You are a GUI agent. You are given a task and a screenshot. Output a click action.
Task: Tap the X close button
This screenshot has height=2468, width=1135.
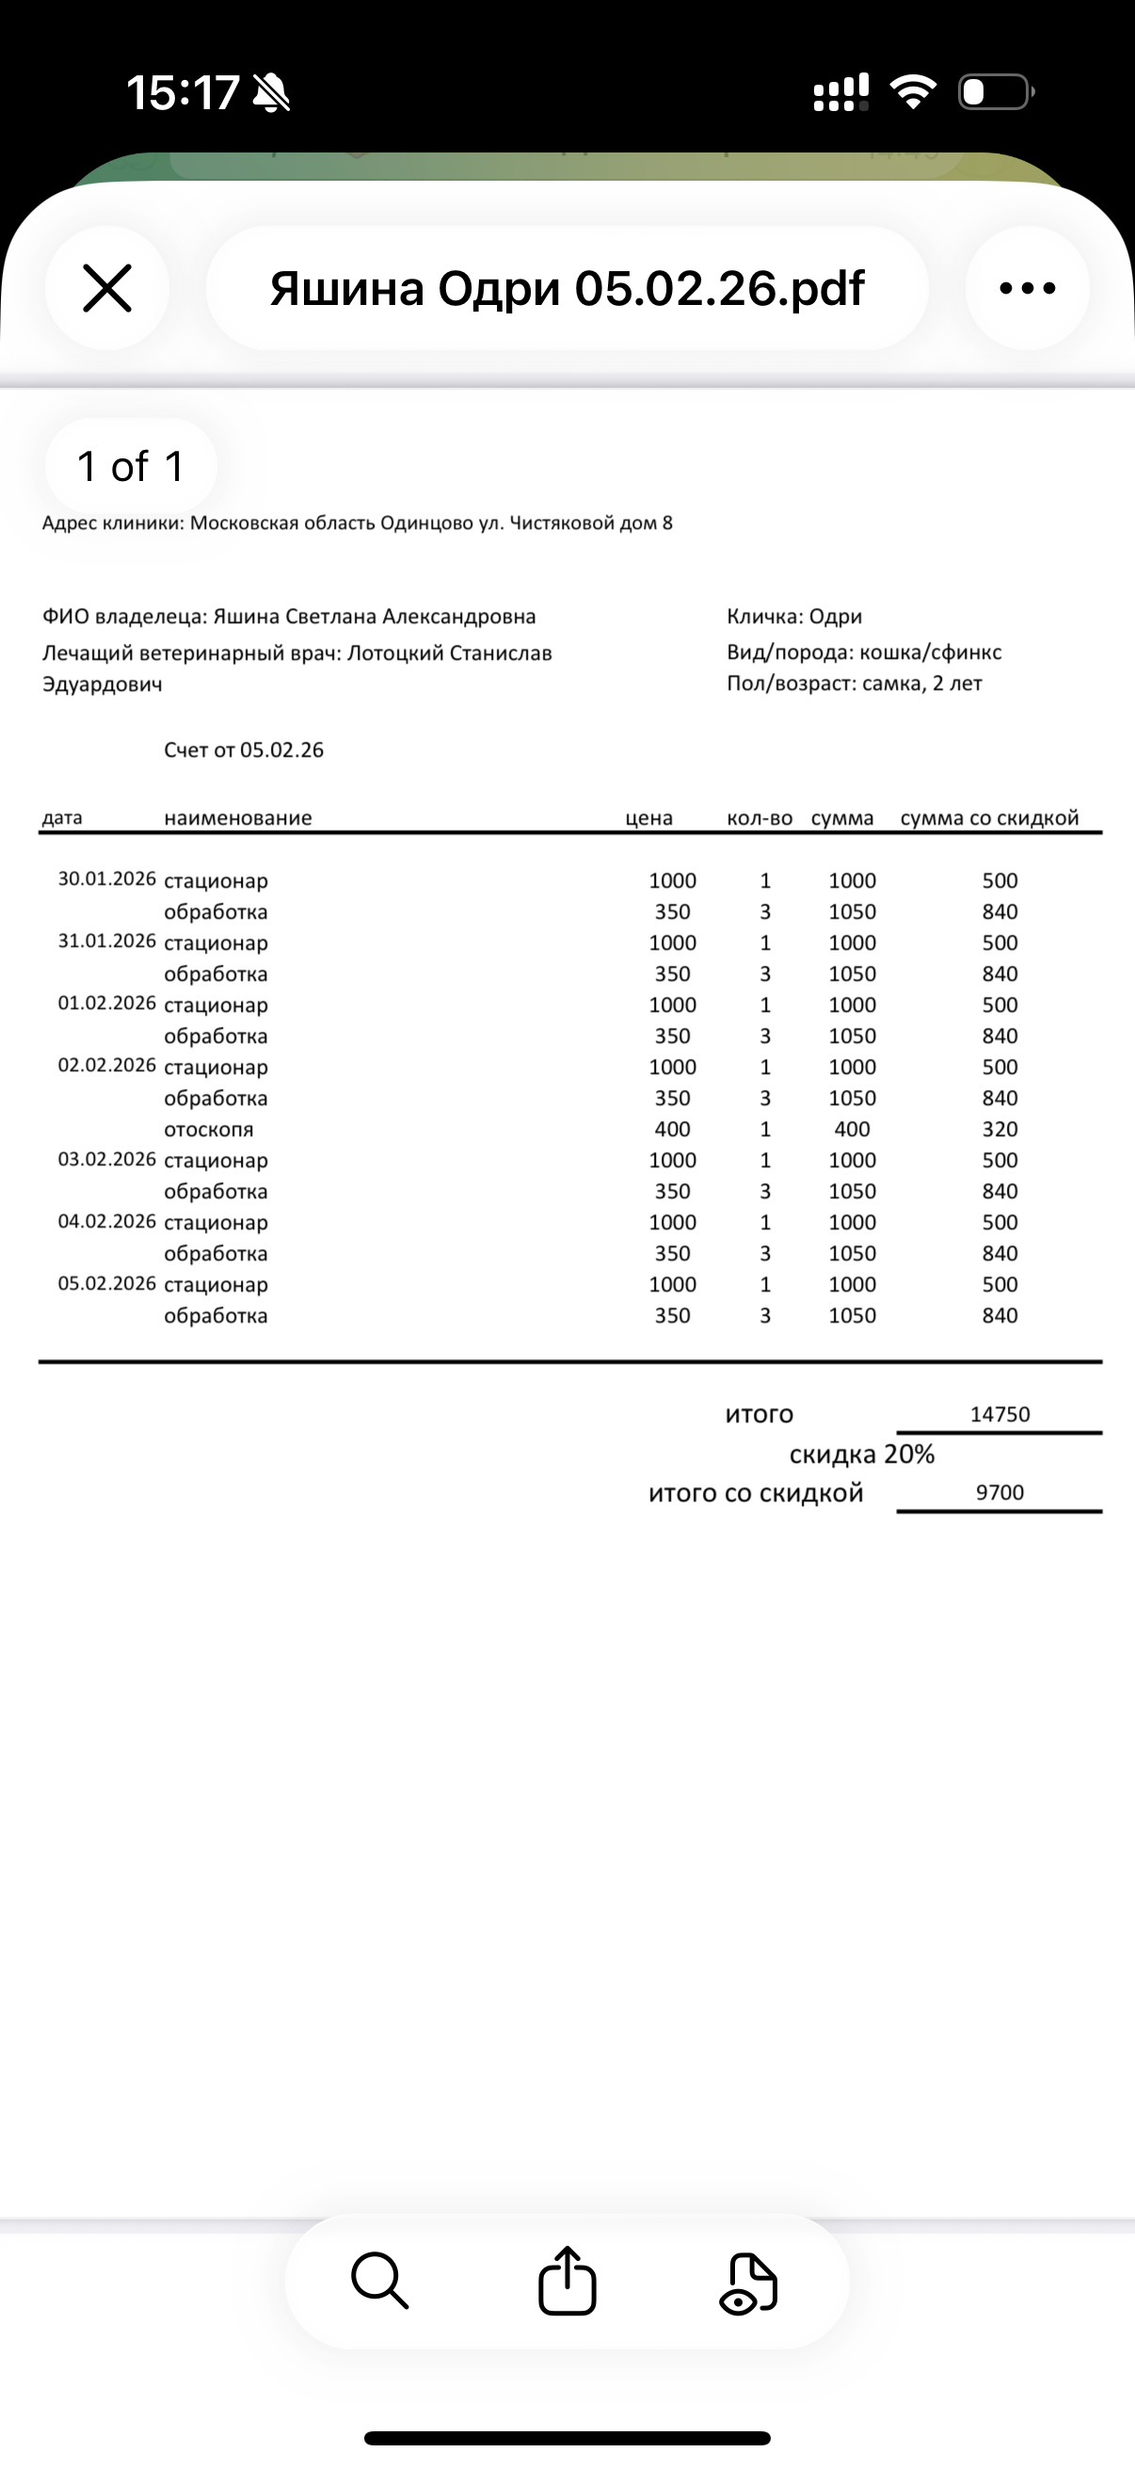point(106,288)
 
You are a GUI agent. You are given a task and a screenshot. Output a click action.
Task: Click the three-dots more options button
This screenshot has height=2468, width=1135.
point(1027,288)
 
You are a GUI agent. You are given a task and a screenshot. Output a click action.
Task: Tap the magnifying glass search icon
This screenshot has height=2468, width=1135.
point(380,2282)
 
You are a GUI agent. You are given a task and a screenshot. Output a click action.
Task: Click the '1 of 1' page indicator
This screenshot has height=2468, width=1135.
point(130,467)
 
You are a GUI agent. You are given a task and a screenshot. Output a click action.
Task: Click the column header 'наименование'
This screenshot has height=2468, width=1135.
point(237,818)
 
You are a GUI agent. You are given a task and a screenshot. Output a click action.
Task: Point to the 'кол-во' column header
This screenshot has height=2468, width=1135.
point(759,818)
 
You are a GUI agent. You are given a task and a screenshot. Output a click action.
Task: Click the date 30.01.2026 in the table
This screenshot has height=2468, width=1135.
point(106,879)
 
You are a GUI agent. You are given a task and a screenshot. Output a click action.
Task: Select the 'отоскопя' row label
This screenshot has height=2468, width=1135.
point(209,1130)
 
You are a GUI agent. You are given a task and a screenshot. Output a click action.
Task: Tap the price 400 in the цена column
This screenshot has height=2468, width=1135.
point(672,1130)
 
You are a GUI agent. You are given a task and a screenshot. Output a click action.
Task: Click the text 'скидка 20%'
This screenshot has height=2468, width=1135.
point(861,1454)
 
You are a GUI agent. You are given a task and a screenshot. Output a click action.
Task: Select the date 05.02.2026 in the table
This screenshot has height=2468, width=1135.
point(106,1284)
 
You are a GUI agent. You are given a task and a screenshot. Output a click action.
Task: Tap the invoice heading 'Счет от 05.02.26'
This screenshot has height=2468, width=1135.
point(244,750)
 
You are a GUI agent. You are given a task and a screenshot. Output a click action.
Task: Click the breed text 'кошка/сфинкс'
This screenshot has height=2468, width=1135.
point(930,652)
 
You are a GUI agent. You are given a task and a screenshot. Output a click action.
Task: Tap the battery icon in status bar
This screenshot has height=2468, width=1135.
point(994,93)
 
